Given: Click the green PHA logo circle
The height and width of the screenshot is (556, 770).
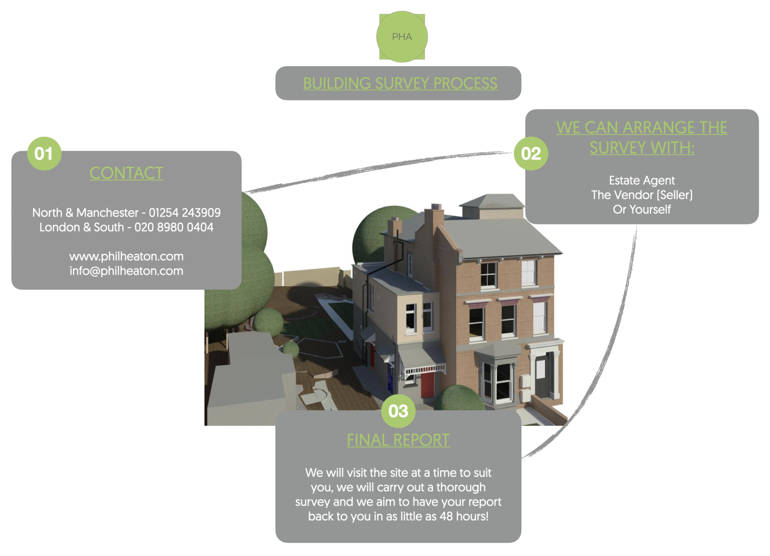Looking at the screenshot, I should [x=402, y=36].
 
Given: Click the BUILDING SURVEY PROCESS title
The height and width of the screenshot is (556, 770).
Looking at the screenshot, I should [x=400, y=84].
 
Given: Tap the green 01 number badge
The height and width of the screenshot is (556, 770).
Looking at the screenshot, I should [x=44, y=153].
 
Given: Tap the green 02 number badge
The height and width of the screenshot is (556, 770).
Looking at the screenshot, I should [x=531, y=153].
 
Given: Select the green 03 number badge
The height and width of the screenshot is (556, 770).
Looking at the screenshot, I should [x=398, y=411].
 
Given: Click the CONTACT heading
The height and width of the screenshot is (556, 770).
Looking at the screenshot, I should [x=126, y=173].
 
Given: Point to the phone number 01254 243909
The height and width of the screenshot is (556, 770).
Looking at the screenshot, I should [x=185, y=213].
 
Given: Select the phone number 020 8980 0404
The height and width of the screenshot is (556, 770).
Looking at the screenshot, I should [x=174, y=228].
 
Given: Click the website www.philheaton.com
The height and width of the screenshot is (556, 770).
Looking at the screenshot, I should [x=126, y=257].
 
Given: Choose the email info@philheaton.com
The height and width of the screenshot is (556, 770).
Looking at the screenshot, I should [x=126, y=271].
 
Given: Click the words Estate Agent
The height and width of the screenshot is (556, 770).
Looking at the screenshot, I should [x=642, y=181].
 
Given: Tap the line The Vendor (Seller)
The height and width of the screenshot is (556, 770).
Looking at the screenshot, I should [x=642, y=195].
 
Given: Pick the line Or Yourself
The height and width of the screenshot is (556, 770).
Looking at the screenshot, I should [x=642, y=210].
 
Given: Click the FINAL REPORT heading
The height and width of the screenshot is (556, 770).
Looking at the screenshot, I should [x=398, y=440].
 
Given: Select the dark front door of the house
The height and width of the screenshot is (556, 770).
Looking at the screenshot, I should [x=542, y=376].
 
